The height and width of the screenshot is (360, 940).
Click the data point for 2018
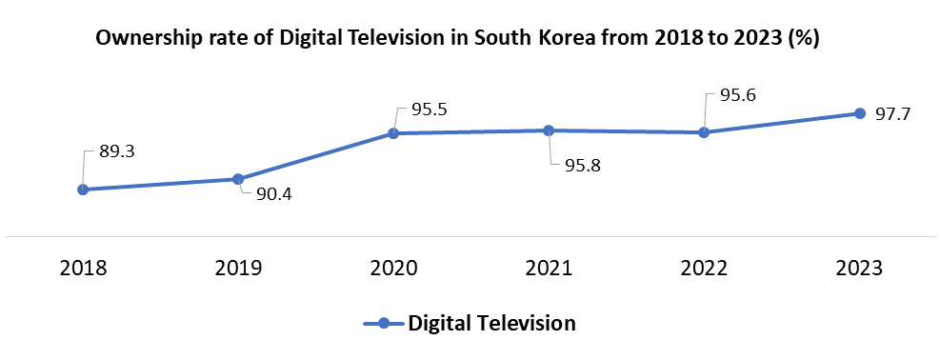(83, 190)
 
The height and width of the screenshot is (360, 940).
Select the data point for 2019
(238, 179)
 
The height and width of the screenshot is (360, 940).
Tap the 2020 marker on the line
(393, 133)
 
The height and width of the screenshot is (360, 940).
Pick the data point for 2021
(549, 130)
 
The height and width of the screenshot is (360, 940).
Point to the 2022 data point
(704, 132)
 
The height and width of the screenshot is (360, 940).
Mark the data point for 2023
(859, 113)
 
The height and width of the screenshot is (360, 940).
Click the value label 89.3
(118, 151)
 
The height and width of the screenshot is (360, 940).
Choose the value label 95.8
(584, 166)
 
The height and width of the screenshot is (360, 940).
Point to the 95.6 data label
(739, 96)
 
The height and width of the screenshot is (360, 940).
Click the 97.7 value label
(893, 114)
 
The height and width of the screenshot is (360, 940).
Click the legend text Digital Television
(491, 323)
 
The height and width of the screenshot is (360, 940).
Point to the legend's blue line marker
(383, 323)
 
